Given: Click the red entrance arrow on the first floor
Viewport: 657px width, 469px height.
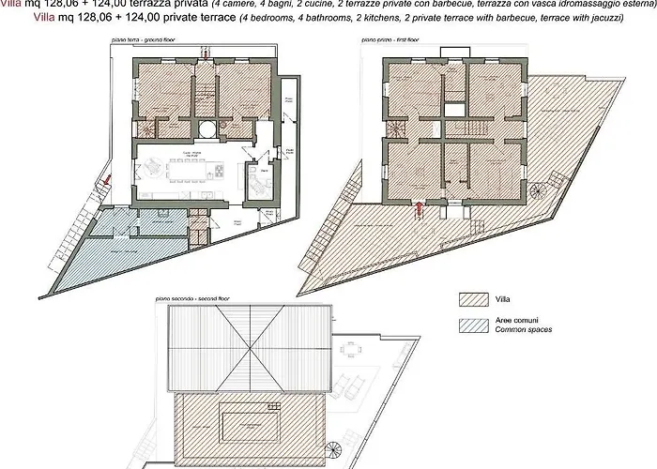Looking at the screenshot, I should click(x=419, y=209).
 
